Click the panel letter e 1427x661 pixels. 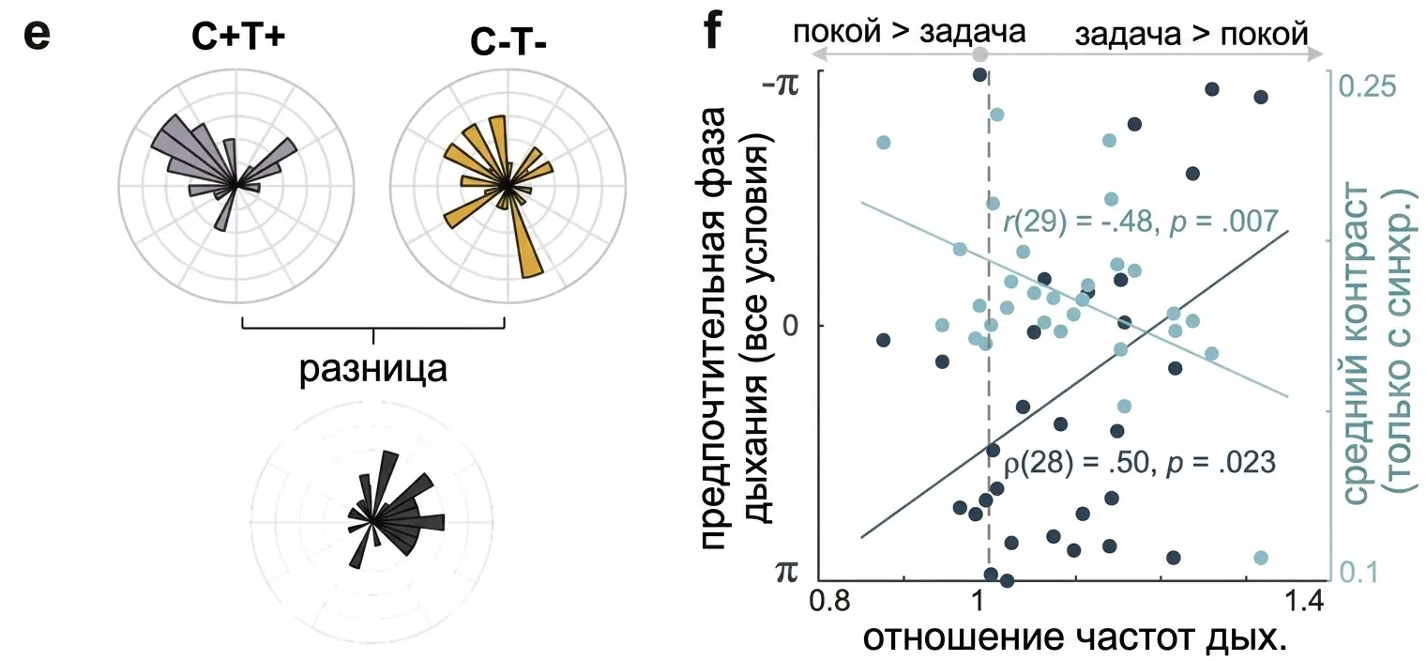(x=37, y=36)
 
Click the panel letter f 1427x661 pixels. (x=713, y=31)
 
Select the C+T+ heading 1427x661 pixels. (x=237, y=36)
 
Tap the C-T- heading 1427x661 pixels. (x=508, y=41)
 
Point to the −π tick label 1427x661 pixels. (x=780, y=84)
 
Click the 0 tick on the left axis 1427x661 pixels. (x=791, y=326)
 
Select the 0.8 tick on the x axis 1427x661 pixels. (x=829, y=601)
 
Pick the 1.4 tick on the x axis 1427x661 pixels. (x=1303, y=601)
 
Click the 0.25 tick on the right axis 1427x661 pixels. (x=1367, y=86)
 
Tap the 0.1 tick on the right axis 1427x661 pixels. (x=1359, y=573)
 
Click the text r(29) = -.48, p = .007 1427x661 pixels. (x=1140, y=222)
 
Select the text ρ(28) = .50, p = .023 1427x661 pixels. (x=1140, y=463)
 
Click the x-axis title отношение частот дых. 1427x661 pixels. (x=1075, y=638)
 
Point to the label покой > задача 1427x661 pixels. (x=909, y=31)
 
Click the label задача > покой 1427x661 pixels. (x=1192, y=33)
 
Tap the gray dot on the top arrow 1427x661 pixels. (x=980, y=54)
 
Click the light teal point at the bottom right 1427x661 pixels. (x=1261, y=558)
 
